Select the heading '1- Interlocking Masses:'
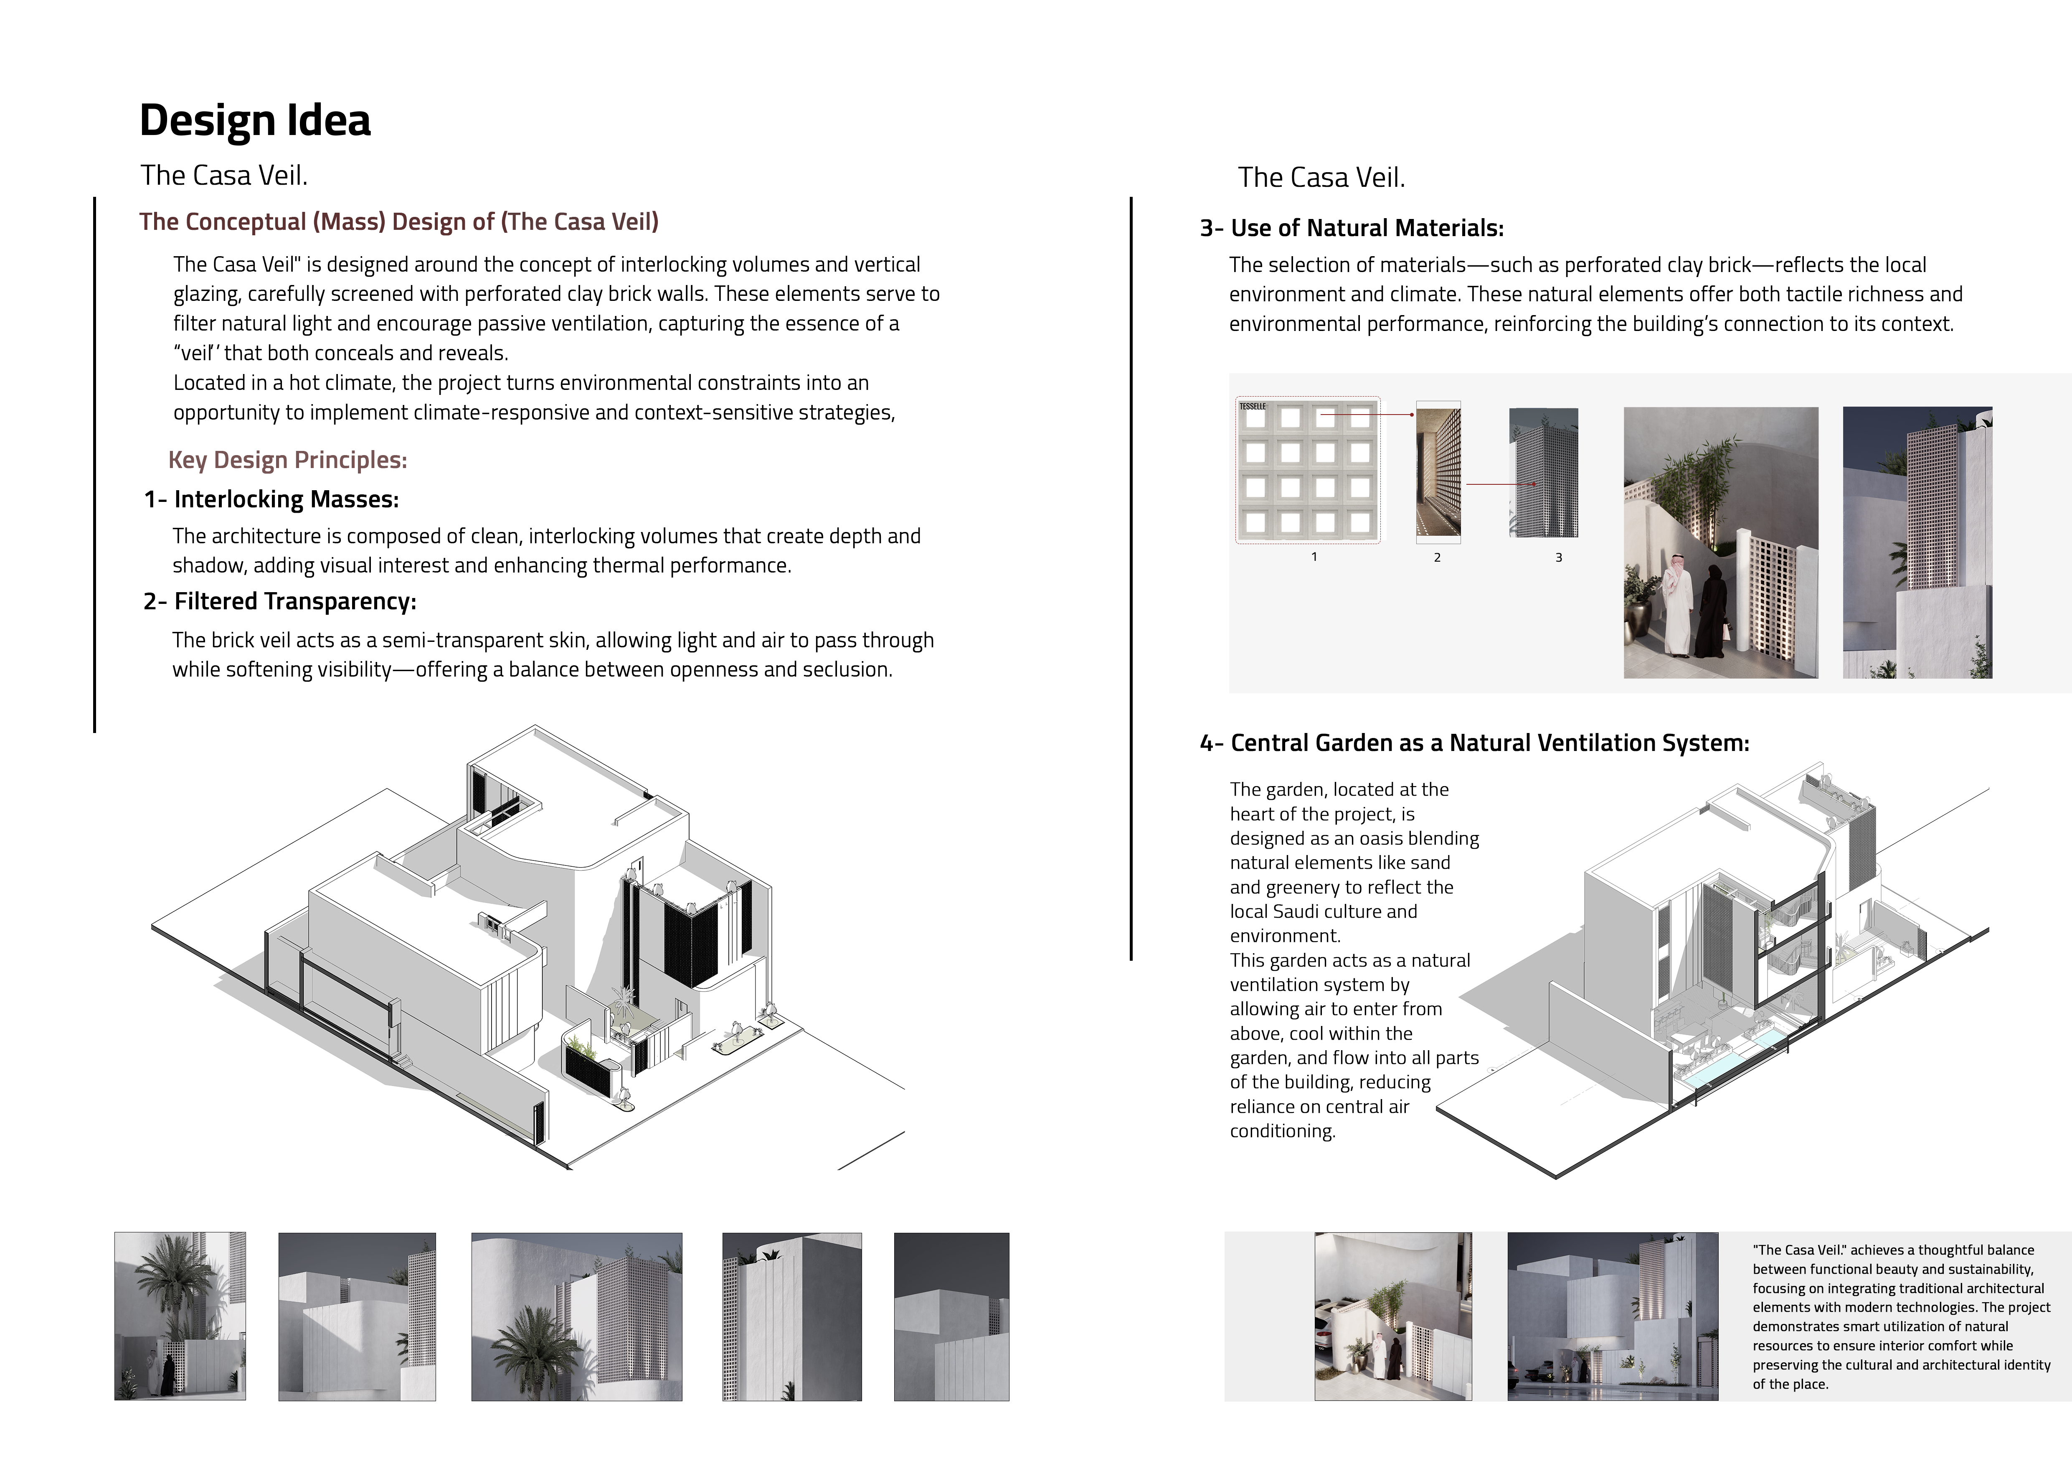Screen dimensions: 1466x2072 (271, 499)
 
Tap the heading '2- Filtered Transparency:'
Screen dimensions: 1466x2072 (280, 601)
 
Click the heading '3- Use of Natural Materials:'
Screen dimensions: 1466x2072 (1351, 229)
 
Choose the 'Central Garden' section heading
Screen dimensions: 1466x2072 (1473, 743)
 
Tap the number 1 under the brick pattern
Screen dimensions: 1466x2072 (1314, 557)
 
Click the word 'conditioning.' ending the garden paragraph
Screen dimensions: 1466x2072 (1282, 1131)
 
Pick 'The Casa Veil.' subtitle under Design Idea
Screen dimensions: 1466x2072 (224, 175)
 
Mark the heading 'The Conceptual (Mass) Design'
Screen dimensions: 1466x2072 (399, 222)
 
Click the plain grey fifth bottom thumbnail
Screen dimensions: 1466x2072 (951, 1316)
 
